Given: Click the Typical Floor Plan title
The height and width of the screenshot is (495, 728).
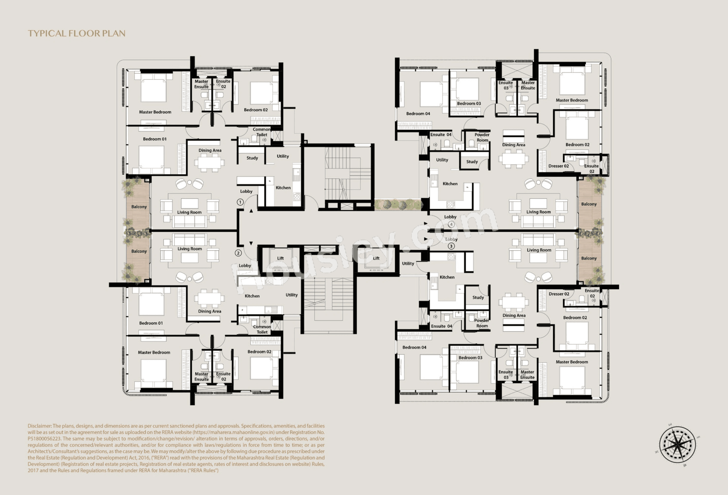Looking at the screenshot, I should click(76, 34).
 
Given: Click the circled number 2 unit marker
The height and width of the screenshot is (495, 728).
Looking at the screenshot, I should click(238, 253).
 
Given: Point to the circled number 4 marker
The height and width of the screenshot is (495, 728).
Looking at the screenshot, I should click(451, 224).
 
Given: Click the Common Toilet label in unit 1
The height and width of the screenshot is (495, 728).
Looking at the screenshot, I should click(261, 132).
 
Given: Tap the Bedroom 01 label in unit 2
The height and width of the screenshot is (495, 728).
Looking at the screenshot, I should click(151, 323).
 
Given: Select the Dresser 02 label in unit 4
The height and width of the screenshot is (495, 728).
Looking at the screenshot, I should click(559, 166).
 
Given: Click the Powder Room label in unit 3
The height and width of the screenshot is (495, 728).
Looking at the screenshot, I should click(482, 323).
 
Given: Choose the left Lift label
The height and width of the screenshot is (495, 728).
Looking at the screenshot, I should click(280, 258).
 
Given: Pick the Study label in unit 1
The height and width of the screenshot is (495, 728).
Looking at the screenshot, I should click(252, 158).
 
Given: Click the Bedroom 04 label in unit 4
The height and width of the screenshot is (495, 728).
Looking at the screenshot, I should click(418, 114).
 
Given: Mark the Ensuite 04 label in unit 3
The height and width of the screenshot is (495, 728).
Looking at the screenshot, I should click(441, 326).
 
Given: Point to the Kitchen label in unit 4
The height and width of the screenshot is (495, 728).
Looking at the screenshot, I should click(450, 183).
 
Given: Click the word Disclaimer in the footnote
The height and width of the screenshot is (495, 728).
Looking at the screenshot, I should click(39, 426).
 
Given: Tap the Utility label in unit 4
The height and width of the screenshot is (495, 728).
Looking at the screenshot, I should click(442, 160).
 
